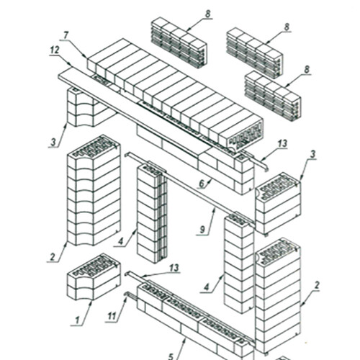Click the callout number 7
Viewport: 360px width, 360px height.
tap(66, 35)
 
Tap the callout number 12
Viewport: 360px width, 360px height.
tap(55, 50)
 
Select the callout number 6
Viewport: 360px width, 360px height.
tap(202, 184)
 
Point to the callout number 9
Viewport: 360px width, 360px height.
tap(202, 230)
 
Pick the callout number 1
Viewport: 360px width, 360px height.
tap(77, 320)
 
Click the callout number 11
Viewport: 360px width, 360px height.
tap(112, 316)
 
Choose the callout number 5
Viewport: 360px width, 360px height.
tap(171, 356)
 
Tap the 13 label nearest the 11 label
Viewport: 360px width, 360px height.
tap(174, 268)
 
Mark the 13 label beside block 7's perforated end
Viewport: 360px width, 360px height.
tap(282, 143)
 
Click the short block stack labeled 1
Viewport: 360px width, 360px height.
tap(94, 276)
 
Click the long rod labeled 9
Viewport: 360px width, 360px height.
tap(189, 189)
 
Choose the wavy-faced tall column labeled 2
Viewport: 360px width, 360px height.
tap(94, 190)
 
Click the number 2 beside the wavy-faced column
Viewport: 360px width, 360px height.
tap(53, 257)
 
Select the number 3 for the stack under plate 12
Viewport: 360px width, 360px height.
tap(53, 143)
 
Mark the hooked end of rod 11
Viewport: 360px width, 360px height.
tap(126, 294)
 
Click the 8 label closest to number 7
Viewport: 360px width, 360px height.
tap(207, 14)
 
